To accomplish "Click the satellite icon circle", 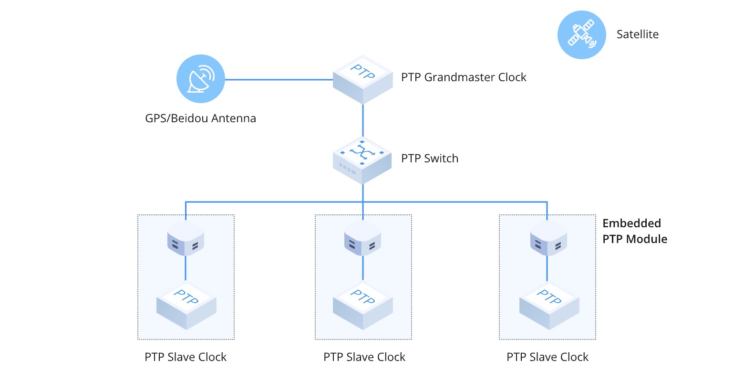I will point(581,35).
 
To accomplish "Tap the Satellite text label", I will point(637,34).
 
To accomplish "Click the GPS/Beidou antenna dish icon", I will point(200,79).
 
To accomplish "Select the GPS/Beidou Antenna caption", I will point(200,118).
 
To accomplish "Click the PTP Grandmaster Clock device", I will point(362,79).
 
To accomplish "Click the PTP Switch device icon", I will point(362,160).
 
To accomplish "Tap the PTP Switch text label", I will point(429,159).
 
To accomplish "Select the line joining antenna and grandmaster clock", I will point(279,80).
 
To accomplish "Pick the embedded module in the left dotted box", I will point(186,238).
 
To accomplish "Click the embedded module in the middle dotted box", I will point(362,238).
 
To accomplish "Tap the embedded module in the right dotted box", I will point(548,238).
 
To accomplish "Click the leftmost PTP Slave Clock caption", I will point(186,357).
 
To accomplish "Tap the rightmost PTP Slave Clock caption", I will point(547,357).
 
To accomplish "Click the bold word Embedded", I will point(631,223).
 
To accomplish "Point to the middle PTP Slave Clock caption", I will point(364,357).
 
